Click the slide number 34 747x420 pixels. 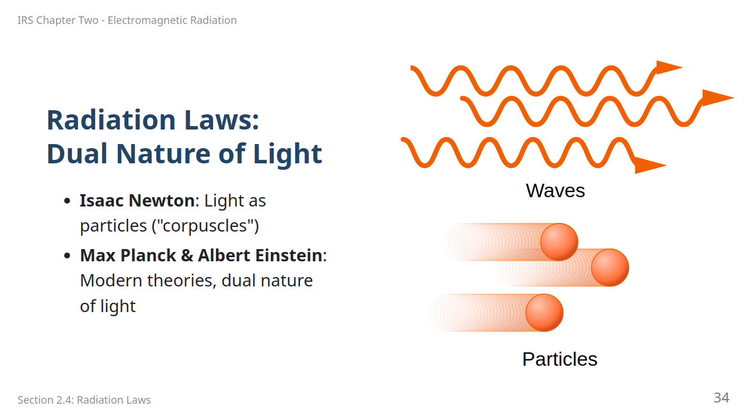pyautogui.click(x=721, y=398)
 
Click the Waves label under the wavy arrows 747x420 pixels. pyautogui.click(x=555, y=191)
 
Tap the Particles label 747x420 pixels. pyautogui.click(x=560, y=359)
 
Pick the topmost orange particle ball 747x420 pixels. pyautogui.click(x=559, y=242)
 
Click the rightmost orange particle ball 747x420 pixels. pyautogui.click(x=610, y=267)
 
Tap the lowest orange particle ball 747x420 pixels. pyautogui.click(x=544, y=313)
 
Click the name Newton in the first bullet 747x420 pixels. pyautogui.click(x=162, y=201)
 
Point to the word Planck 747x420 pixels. pyautogui.click(x=148, y=256)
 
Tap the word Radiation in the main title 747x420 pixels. pyautogui.click(x=111, y=120)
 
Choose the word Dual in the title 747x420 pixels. pyautogui.click(x=77, y=153)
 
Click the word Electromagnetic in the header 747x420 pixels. pyautogui.click(x=148, y=20)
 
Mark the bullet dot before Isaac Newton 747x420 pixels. pyautogui.click(x=67, y=201)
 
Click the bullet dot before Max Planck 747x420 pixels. pyautogui.click(x=67, y=256)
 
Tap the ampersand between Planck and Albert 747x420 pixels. pyautogui.click(x=187, y=256)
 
